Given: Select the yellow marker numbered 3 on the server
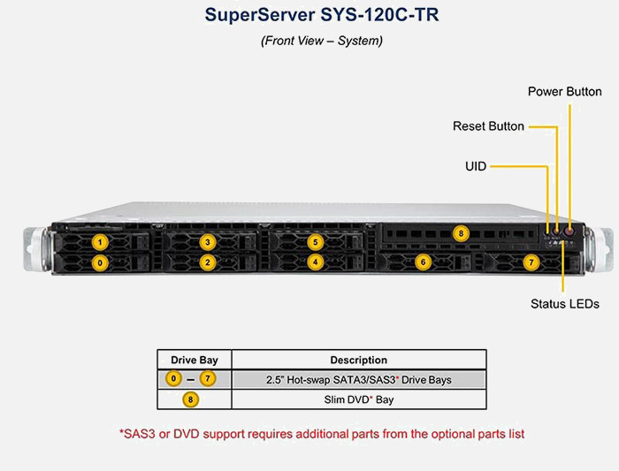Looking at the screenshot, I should coord(207,241).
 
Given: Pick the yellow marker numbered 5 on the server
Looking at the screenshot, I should coord(315,241).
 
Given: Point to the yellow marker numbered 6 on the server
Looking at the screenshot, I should coord(423,262).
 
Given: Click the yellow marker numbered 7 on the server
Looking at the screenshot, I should coord(531,262).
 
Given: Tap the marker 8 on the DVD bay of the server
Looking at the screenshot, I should coord(460,233).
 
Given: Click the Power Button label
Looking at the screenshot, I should coord(564,92).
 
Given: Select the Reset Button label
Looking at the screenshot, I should coord(488,126).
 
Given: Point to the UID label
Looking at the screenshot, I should coord(476,165).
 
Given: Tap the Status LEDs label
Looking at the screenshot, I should coord(564,304).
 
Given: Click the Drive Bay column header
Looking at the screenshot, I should coord(194,360).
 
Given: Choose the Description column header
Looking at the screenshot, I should coord(358,360).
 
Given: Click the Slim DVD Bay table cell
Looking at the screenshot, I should coord(358,399).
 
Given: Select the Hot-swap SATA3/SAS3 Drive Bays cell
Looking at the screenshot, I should coord(358,379).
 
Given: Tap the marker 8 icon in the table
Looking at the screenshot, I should coord(190,399).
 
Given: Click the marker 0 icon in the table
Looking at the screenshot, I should coord(175,379).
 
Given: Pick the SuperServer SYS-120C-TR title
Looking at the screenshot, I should coord(309,15).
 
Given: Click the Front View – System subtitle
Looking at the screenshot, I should coord(309,41).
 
